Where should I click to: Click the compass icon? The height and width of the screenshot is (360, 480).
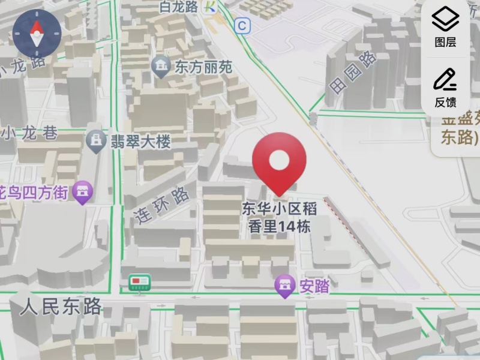tap(37, 32)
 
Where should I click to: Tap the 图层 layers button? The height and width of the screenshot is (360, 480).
tap(445, 27)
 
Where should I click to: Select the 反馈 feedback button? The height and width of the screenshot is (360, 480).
tap(445, 87)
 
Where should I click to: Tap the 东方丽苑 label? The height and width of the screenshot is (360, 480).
tap(203, 67)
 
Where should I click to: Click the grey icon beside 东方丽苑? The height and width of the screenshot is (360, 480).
tap(161, 65)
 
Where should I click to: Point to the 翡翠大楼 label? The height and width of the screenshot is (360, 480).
tap(140, 142)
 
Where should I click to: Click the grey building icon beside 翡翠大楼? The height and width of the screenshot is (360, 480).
tap(95, 141)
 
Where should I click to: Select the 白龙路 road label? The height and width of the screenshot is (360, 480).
tap(179, 7)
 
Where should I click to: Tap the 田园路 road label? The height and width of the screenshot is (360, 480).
tap(353, 72)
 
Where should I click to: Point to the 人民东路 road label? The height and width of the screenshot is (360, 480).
tap(61, 307)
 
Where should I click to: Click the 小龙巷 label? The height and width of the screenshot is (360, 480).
tap(30, 133)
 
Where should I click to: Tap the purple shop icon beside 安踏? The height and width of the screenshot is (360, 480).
tap(284, 286)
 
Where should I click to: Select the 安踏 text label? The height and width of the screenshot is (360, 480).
tap(314, 286)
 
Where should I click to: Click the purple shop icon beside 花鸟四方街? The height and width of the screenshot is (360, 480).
tap(82, 192)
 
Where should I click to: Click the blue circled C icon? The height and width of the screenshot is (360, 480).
tap(242, 26)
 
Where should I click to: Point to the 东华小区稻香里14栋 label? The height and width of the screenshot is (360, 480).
tap(279, 217)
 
